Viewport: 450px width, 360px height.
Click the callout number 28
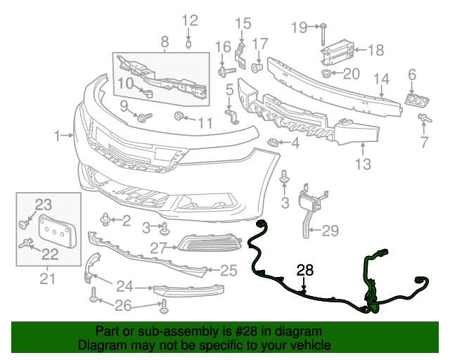[305, 269]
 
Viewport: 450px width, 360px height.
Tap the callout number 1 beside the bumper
[58, 134]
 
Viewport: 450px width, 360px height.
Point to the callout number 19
[300, 27]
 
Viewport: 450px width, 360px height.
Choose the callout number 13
[362, 165]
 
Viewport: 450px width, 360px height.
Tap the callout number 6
[412, 74]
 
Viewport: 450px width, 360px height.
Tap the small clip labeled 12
[188, 45]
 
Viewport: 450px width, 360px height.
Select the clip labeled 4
[272, 143]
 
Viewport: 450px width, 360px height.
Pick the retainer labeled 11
[179, 115]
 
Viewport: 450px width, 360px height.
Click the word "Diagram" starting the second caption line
[99, 345]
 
